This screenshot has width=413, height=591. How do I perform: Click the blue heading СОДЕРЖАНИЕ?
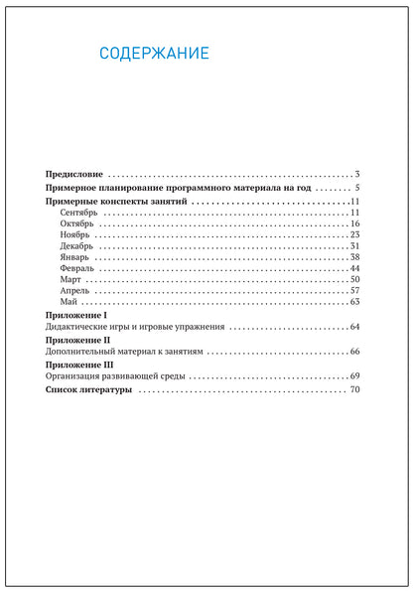pos(155,54)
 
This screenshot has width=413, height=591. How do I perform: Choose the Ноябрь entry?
pos(76,235)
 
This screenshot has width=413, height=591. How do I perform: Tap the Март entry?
pos(71,280)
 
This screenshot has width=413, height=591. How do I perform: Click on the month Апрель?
pos(75,291)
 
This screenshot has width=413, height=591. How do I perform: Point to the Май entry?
pos(69,302)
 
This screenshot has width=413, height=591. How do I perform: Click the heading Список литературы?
pos(89,391)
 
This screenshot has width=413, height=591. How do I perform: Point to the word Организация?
pos(78,377)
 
